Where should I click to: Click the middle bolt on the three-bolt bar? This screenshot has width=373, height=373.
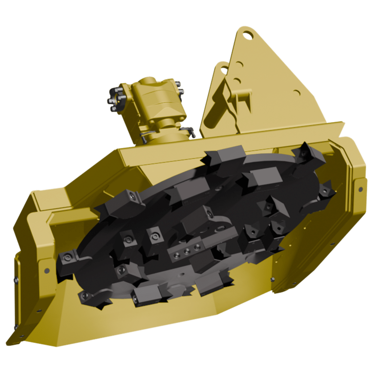pyautogui.click(x=186, y=251)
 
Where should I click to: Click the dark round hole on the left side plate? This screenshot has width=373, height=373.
pyautogui.click(x=47, y=270)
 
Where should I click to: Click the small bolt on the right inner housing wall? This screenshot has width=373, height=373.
pyautogui.click(x=272, y=279)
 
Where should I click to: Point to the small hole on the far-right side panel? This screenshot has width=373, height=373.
pyautogui.click(x=360, y=189)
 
